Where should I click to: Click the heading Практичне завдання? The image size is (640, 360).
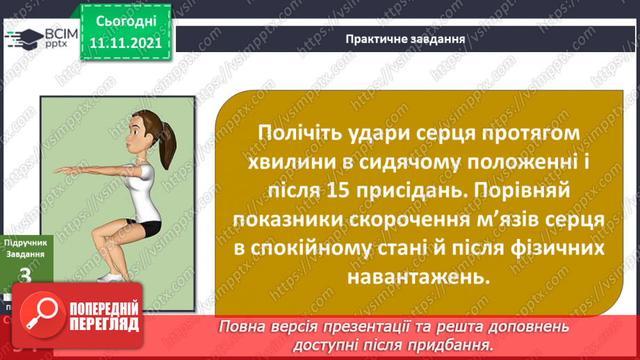pyautogui.click(x=405, y=38)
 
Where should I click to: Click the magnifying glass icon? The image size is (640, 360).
pyautogui.click(x=42, y=316)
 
